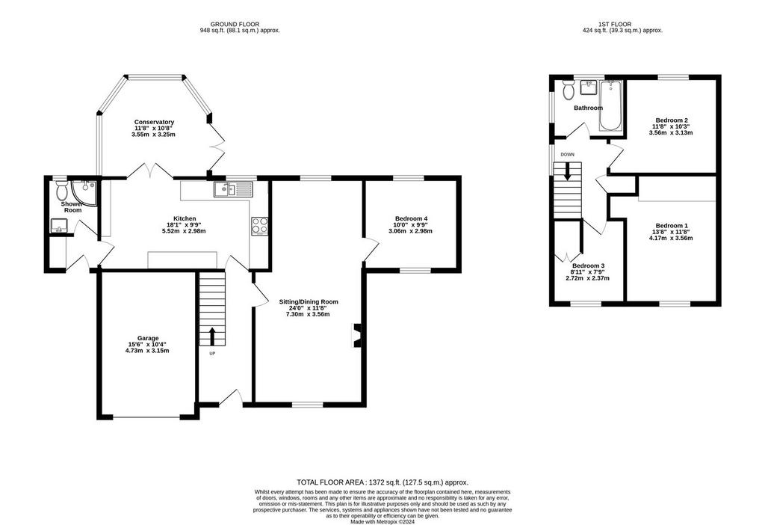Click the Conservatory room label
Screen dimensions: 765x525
154,122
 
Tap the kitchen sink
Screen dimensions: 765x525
232,189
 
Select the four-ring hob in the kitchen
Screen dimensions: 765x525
259,226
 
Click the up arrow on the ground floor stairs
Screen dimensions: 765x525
211,336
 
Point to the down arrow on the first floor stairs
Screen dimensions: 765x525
568,171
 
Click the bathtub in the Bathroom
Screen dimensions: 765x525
611,106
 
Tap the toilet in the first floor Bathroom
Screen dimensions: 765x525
568,89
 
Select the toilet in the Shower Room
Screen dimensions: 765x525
61,188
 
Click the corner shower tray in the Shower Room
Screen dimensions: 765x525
84,191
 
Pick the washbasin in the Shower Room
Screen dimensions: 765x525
59,226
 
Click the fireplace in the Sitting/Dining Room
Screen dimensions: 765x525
356,335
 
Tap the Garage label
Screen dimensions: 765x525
148,338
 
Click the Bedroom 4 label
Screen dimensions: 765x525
412,218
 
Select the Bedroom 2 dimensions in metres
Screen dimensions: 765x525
672,132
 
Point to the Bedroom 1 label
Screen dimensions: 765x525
672,226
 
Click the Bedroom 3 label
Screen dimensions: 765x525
589,265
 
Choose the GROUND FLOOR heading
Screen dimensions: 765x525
235,24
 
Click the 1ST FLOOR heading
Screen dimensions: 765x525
615,24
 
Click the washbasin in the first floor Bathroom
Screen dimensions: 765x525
589,88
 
